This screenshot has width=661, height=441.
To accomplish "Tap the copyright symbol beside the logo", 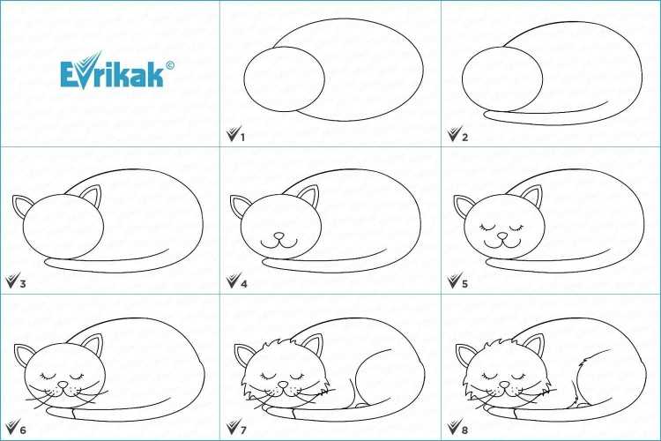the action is click(170, 65).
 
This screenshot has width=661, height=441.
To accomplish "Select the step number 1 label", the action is click(242, 138).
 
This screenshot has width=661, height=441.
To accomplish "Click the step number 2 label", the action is click(464, 138).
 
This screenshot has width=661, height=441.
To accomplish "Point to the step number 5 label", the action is click(464, 284).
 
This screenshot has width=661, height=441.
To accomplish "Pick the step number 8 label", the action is click(464, 430).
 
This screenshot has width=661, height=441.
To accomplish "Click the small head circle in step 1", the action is click(284, 79).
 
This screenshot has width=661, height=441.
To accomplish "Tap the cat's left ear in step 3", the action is click(22, 206).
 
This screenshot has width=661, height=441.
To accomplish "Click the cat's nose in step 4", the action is click(279, 235).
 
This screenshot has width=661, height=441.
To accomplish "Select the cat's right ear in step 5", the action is click(531, 196).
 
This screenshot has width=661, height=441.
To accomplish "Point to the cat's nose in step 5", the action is click(502, 235).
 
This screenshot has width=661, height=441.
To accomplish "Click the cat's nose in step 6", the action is click(63, 385).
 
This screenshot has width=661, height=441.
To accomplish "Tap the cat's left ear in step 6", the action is click(24, 354).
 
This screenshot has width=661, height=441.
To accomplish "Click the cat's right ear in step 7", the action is click(312, 345).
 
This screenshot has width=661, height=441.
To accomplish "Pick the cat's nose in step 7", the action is click(283, 385).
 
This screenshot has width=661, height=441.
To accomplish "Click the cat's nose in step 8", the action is click(504, 385).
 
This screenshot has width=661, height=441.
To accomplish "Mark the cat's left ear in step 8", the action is click(465, 354).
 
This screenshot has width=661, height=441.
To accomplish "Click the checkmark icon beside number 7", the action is click(234, 426).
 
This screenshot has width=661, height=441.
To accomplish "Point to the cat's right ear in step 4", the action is click(308, 196).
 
